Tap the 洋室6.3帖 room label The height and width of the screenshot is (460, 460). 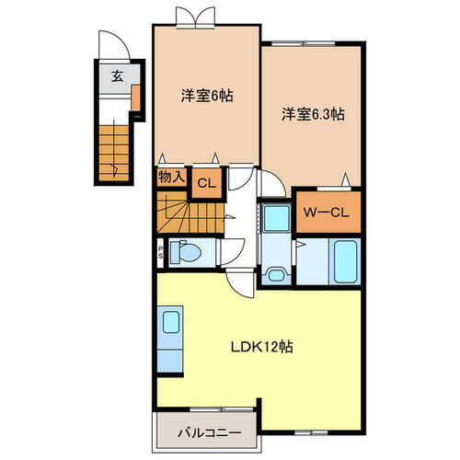(x=313, y=115)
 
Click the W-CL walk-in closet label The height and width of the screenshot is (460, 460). (x=326, y=212)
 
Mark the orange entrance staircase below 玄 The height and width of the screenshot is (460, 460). (x=116, y=145)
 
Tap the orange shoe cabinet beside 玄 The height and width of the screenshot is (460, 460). (x=135, y=96)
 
